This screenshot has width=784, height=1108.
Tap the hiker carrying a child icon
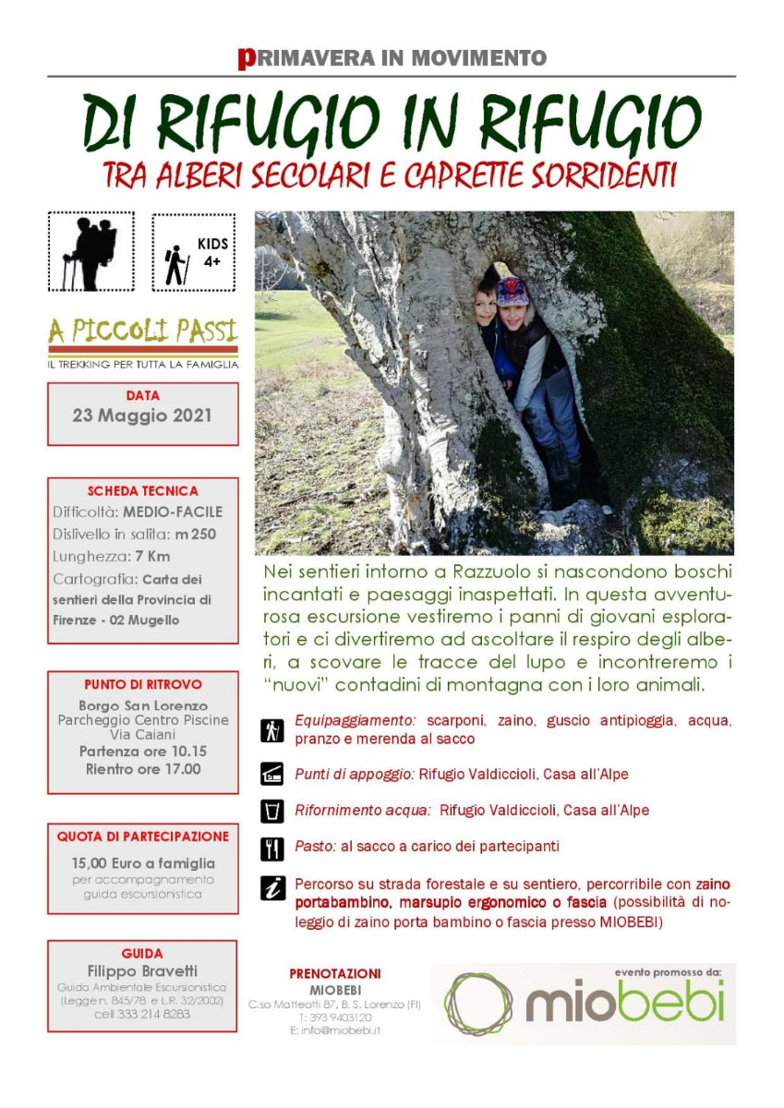(x=90, y=252)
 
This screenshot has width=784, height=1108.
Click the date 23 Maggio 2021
(x=142, y=415)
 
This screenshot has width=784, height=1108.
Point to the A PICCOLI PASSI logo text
(x=142, y=331)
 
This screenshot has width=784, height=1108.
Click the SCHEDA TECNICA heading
(x=142, y=491)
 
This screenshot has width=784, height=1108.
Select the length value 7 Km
(x=152, y=556)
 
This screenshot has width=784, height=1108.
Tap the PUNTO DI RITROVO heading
(x=142, y=684)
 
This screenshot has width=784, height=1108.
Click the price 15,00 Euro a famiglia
(x=142, y=863)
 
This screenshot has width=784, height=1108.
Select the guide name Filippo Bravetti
(x=142, y=971)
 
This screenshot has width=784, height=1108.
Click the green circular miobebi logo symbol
(x=478, y=1004)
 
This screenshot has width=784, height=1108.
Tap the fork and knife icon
(x=272, y=848)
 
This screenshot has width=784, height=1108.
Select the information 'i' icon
(x=272, y=888)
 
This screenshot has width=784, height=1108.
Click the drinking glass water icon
(x=272, y=812)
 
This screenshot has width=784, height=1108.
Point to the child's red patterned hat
(x=513, y=292)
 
